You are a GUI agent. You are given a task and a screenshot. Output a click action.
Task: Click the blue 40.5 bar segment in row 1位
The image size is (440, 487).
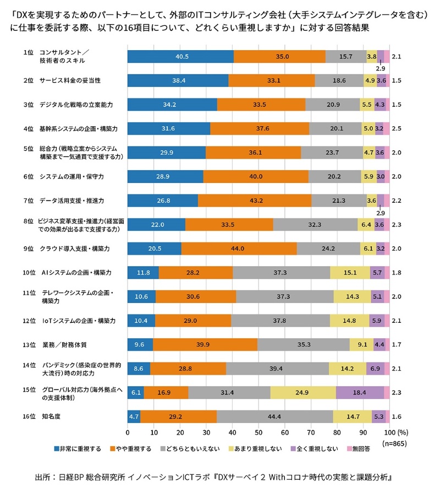coord(180,56)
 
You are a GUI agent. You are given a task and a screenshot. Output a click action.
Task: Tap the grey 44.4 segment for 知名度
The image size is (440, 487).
coord(275,416)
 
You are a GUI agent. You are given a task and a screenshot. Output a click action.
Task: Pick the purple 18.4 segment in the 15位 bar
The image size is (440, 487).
coord(360,393)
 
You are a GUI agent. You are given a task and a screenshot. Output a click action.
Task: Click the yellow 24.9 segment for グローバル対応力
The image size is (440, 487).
coord(303,393)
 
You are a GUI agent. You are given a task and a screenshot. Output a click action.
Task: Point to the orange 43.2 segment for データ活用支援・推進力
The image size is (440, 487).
coord(255,201)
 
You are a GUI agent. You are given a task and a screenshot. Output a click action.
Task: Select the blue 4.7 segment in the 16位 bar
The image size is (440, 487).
coord(134,416)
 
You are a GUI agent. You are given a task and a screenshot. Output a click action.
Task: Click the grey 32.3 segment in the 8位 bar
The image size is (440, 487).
coord(315,225)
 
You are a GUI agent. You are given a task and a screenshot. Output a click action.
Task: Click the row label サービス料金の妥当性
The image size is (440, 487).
coord(69,80)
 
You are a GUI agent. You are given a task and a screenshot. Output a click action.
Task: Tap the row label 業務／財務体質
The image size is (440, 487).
coord(64,345)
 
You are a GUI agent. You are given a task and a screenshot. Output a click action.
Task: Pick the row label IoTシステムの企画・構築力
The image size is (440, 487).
coord(79,321)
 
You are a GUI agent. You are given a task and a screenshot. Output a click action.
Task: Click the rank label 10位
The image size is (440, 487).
coord(29,273)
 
